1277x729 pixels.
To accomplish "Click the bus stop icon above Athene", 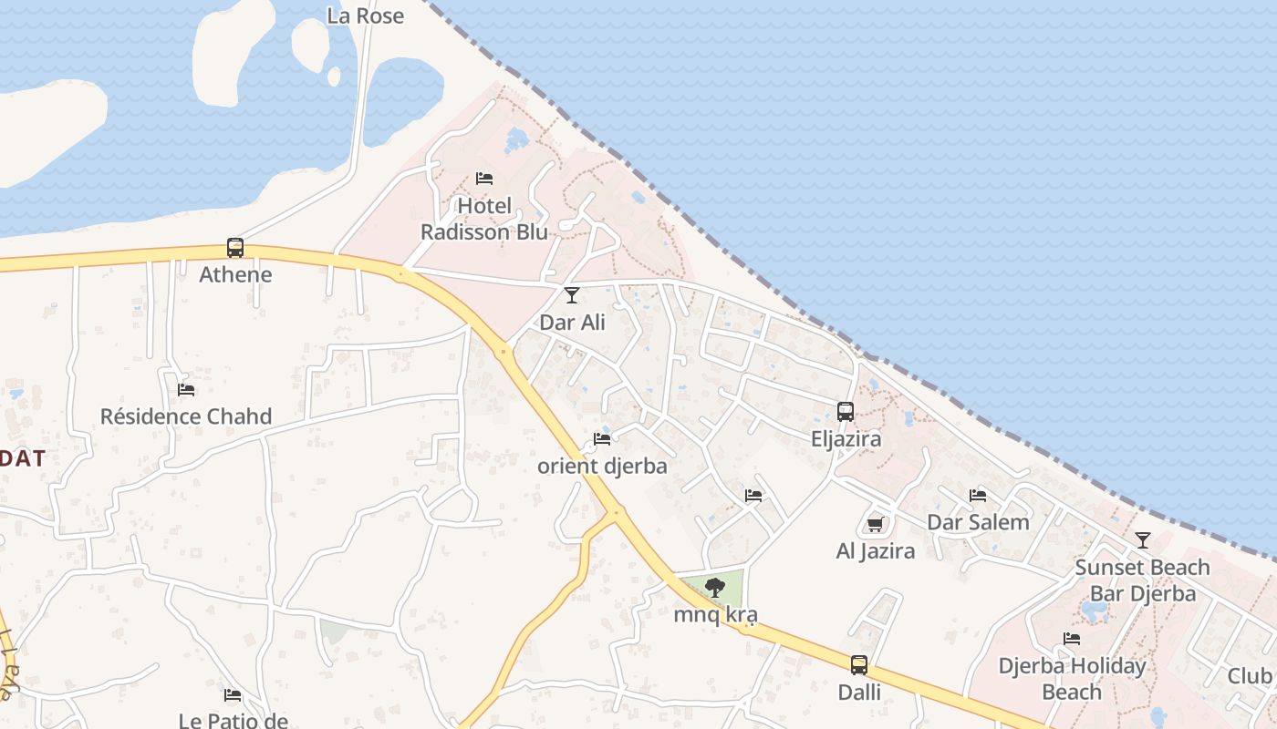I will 235,247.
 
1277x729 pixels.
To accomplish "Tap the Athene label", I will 235,274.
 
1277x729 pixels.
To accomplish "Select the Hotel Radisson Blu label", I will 484,219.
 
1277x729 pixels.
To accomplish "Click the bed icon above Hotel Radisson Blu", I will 484,179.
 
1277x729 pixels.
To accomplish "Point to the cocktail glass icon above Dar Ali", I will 572,294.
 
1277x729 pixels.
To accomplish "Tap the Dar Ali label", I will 572,322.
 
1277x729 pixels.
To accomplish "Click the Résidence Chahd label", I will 186,416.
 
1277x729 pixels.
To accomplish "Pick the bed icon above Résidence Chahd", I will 186,390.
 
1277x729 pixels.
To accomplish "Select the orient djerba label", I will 602,466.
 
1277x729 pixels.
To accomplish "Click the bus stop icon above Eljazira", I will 846,412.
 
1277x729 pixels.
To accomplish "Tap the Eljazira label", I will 846,439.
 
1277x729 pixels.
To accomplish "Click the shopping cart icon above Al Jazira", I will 876,524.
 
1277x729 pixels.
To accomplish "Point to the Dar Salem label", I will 978,522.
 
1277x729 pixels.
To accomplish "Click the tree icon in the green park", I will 715,588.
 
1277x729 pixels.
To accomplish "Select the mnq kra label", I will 715,615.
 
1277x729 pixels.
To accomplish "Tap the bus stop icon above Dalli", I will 859,665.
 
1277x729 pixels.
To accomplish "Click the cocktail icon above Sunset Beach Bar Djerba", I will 1143,540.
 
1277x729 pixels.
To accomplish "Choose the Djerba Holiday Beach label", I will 1072,679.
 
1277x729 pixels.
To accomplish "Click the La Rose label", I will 365,15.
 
